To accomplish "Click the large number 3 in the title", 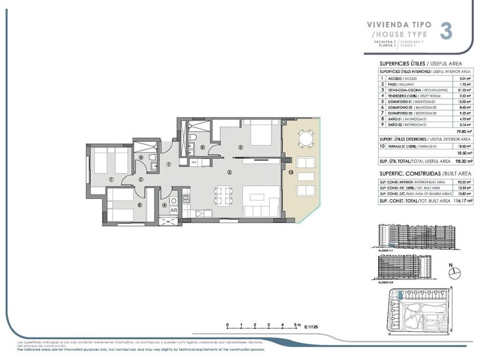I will point(446,31).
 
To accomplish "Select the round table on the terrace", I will point(305,137).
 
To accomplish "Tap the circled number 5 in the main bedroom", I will point(241,148).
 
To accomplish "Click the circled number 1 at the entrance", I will point(169,164).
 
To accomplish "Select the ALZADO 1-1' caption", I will point(387,249).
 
